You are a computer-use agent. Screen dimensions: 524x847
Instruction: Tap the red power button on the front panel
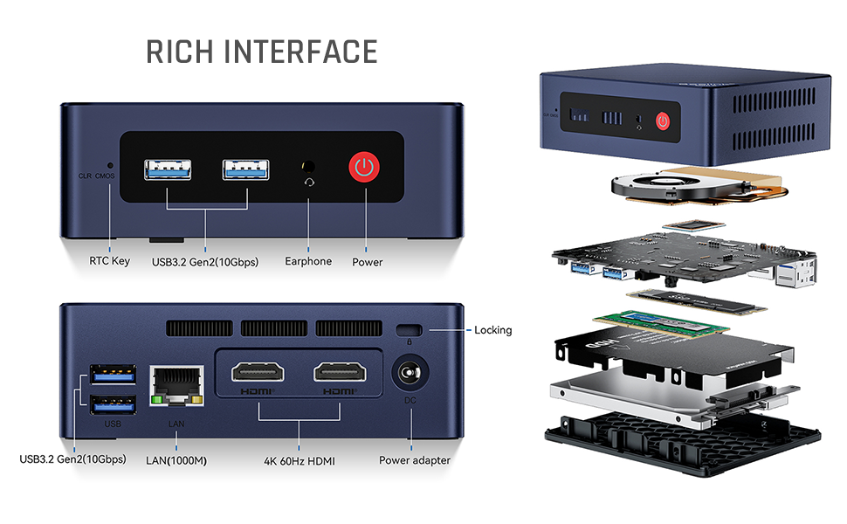[364, 168]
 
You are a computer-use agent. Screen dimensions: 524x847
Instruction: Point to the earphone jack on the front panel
[307, 165]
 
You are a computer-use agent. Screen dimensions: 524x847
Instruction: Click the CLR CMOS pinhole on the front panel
[109, 164]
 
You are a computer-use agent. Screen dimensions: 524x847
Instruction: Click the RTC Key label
[109, 261]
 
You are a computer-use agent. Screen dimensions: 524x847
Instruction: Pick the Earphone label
[308, 261]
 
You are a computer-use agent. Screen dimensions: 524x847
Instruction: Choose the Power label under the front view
[367, 261]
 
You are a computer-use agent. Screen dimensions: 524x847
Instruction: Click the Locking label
[492, 330]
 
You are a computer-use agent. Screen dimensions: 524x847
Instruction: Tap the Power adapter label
[415, 460]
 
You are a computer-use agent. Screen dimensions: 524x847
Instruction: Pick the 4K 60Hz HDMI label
[300, 460]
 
